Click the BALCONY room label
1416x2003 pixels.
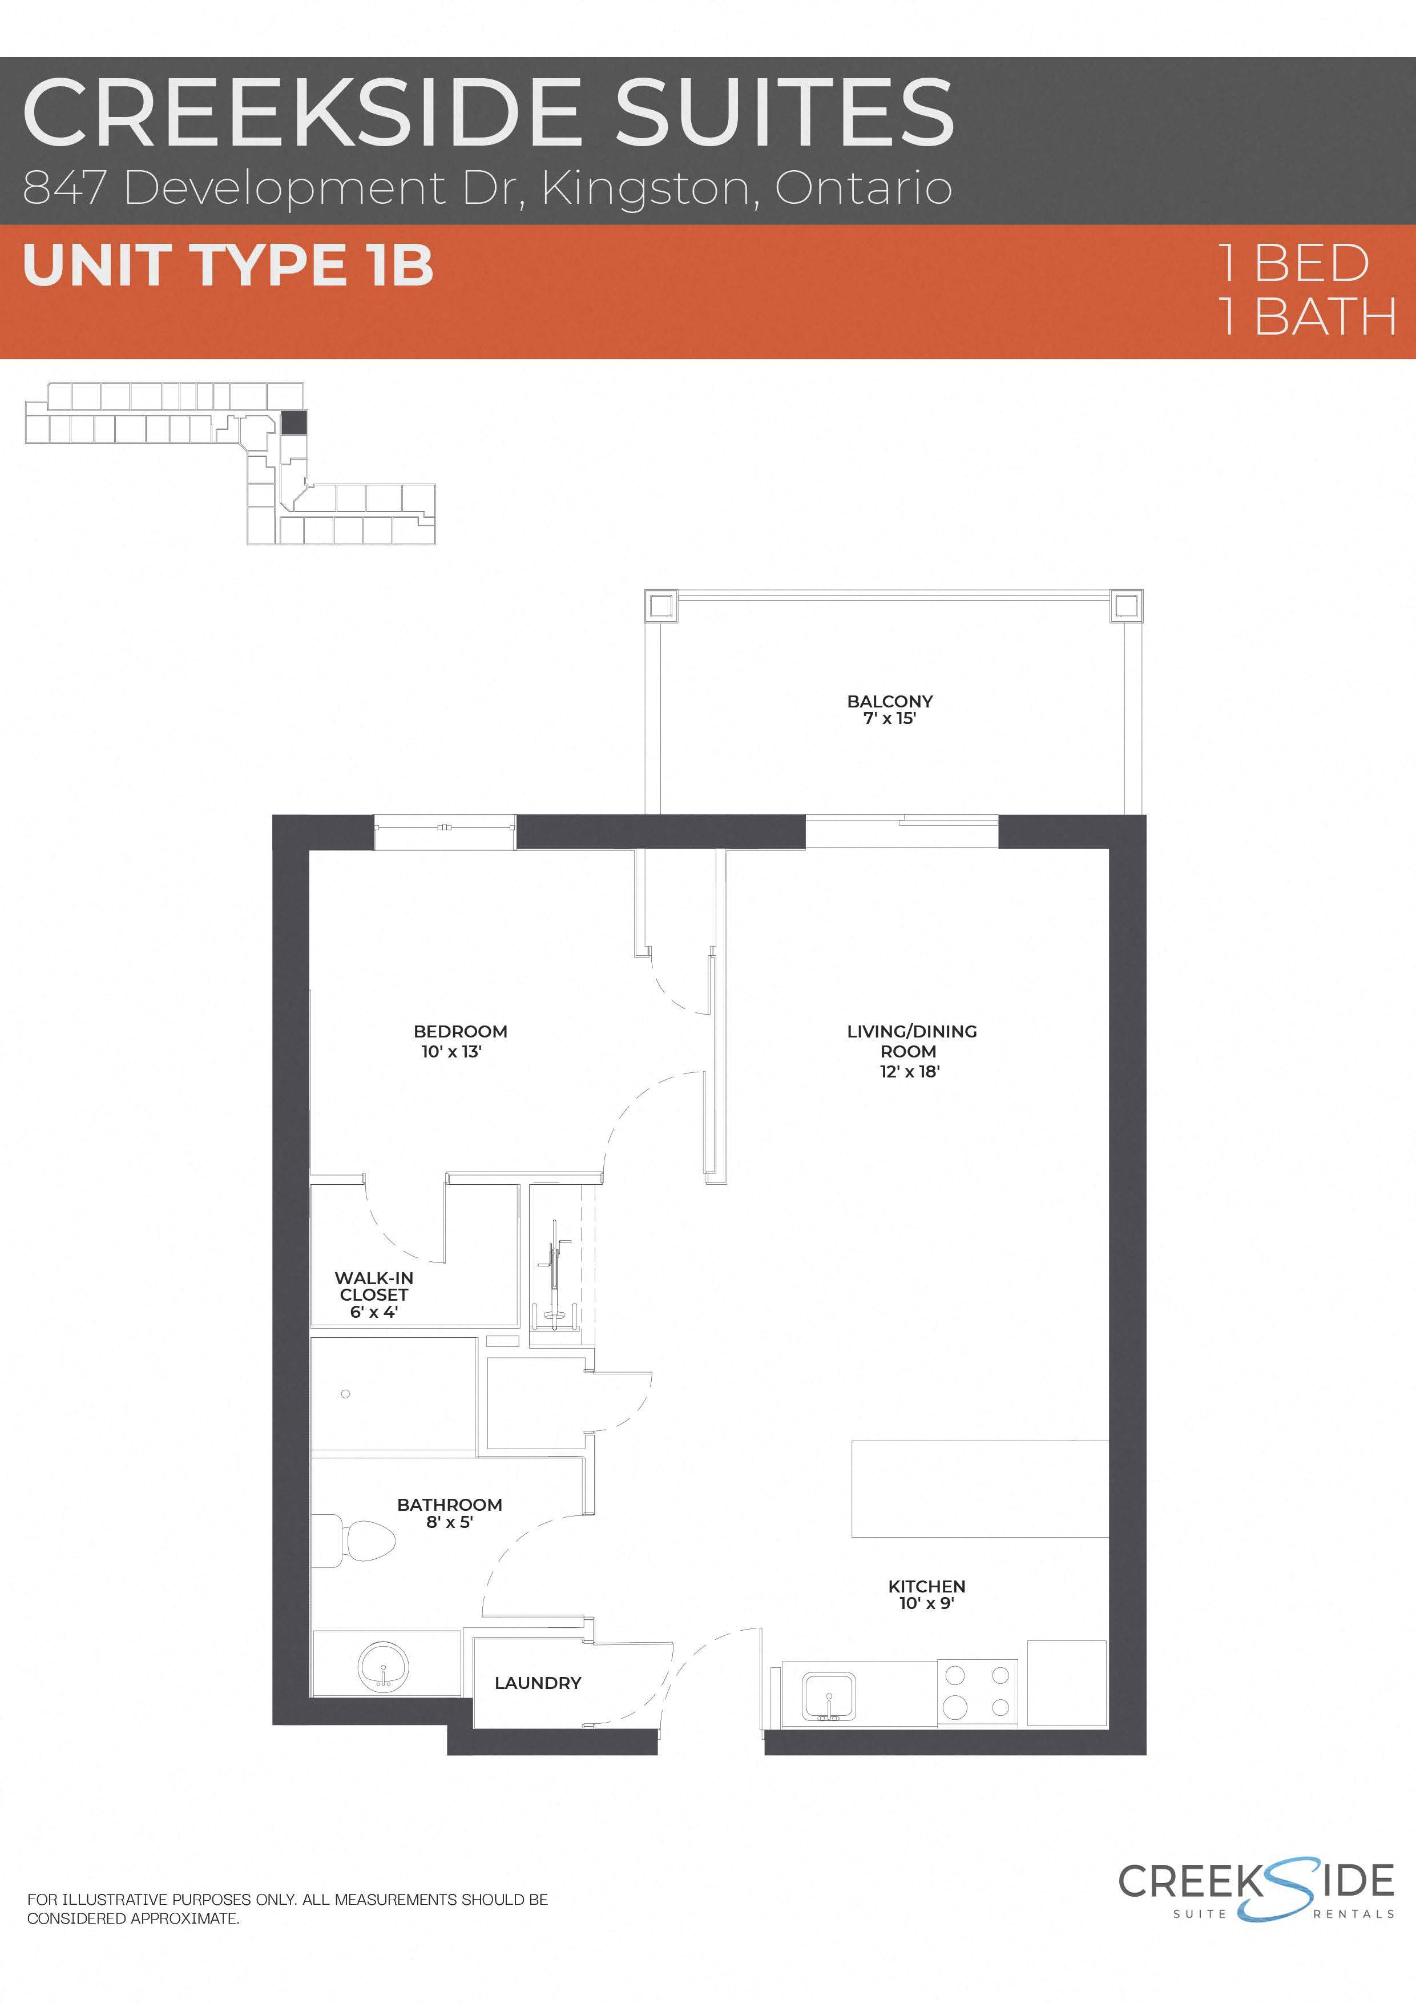pyautogui.click(x=889, y=701)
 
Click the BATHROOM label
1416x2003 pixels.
pyautogui.click(x=449, y=1505)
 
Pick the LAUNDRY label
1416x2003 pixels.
pyautogui.click(x=537, y=1683)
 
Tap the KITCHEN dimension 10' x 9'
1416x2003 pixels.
pyautogui.click(x=926, y=1603)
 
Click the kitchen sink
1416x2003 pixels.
pyautogui.click(x=828, y=1697)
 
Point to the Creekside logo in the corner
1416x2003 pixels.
pyautogui.click(x=1256, y=1891)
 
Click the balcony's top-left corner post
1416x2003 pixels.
pyautogui.click(x=660, y=605)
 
